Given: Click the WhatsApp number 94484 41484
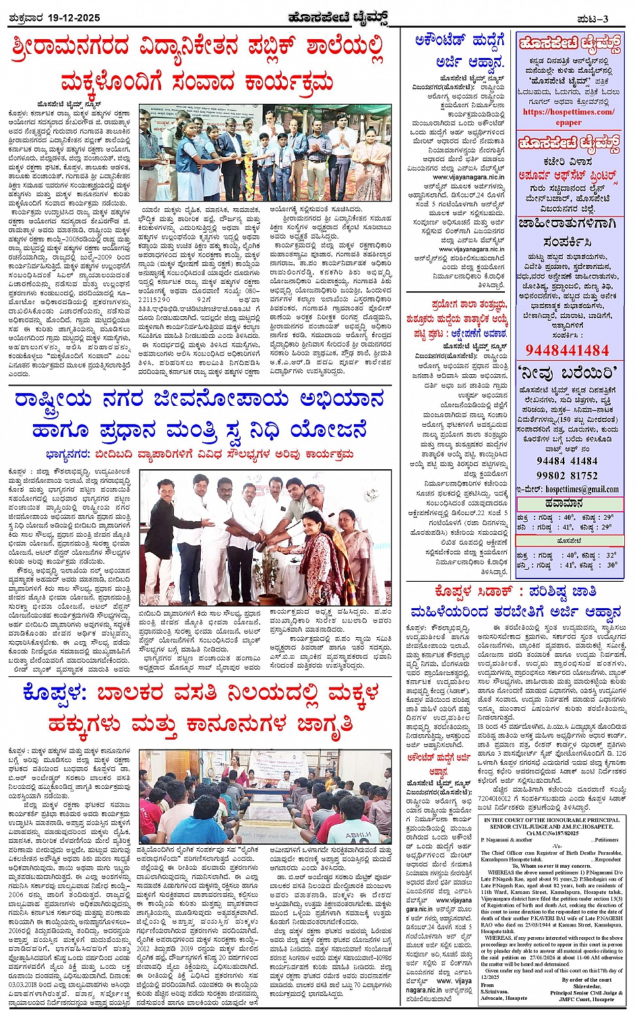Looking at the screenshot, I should coord(567,461).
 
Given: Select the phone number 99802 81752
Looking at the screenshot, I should coord(567,475).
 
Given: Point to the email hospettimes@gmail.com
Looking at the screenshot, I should coord(572,489).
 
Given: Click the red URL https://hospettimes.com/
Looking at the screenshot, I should coord(569,112).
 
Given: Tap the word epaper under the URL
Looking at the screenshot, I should coord(568,122).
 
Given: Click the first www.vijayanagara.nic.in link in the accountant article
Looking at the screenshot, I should coord(468,177).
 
